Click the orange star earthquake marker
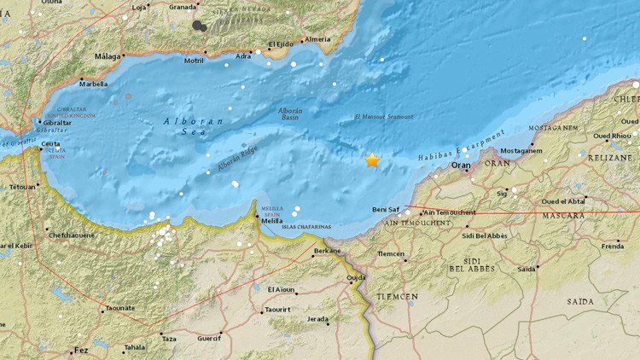(x=372, y=160)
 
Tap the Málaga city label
(x=108, y=57)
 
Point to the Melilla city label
(x=272, y=220)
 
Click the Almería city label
(x=317, y=39)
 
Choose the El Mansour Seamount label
(x=383, y=117)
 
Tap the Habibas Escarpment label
(x=462, y=146)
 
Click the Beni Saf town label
(x=387, y=209)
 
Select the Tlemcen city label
(x=392, y=253)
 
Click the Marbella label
(x=93, y=84)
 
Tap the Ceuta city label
(x=51, y=144)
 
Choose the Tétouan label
(x=23, y=186)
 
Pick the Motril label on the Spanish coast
(x=194, y=61)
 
